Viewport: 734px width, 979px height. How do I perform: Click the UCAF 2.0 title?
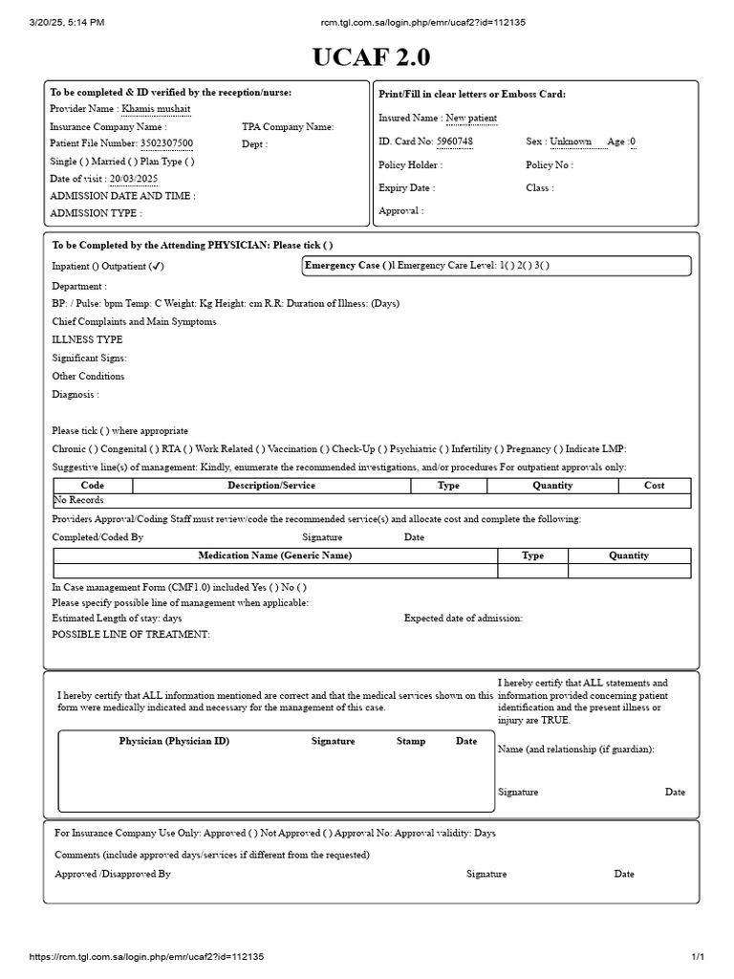pyautogui.click(x=371, y=58)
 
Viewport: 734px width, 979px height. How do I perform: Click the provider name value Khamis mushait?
pyautogui.click(x=157, y=109)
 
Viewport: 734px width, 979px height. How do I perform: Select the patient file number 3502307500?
pyautogui.click(x=166, y=143)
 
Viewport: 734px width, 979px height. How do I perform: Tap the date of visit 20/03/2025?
pyautogui.click(x=134, y=179)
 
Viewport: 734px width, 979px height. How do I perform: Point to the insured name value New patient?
pyautogui.click(x=471, y=118)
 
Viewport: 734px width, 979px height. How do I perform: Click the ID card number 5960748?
pyautogui.click(x=454, y=141)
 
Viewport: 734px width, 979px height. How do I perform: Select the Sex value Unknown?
pyautogui.click(x=571, y=141)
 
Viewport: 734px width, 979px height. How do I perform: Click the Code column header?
pyautogui.click(x=93, y=486)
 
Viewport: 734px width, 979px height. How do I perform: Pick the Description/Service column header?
pyautogui.click(x=271, y=486)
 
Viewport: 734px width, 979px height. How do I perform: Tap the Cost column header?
pyautogui.click(x=654, y=486)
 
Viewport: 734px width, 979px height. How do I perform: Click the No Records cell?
pyautogui.click(x=78, y=500)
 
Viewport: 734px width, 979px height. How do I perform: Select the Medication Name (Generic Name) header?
pyautogui.click(x=274, y=555)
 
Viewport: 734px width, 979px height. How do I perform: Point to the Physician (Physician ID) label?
pyautogui.click(x=174, y=741)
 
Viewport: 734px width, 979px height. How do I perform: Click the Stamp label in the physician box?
pyautogui.click(x=411, y=741)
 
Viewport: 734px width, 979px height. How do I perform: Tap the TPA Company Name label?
pyautogui.click(x=288, y=126)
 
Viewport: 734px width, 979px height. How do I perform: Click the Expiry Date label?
pyautogui.click(x=406, y=188)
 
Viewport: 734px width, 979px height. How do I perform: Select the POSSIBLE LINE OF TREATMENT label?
pyautogui.click(x=131, y=635)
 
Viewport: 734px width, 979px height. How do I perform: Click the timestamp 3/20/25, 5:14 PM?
pyautogui.click(x=68, y=22)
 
